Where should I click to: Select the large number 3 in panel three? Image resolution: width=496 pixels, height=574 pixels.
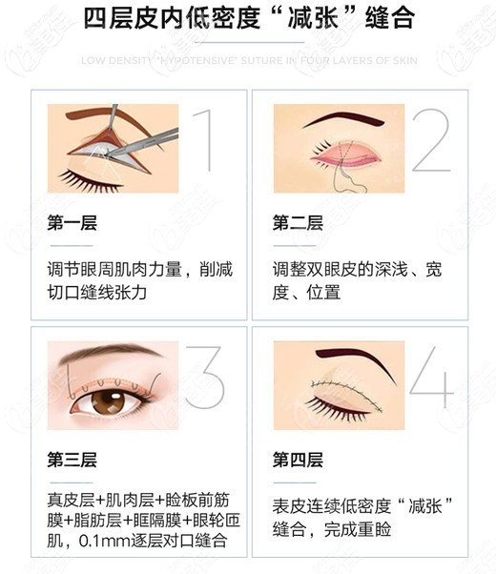click(203, 379)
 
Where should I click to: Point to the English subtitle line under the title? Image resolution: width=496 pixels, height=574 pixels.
click(247, 60)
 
